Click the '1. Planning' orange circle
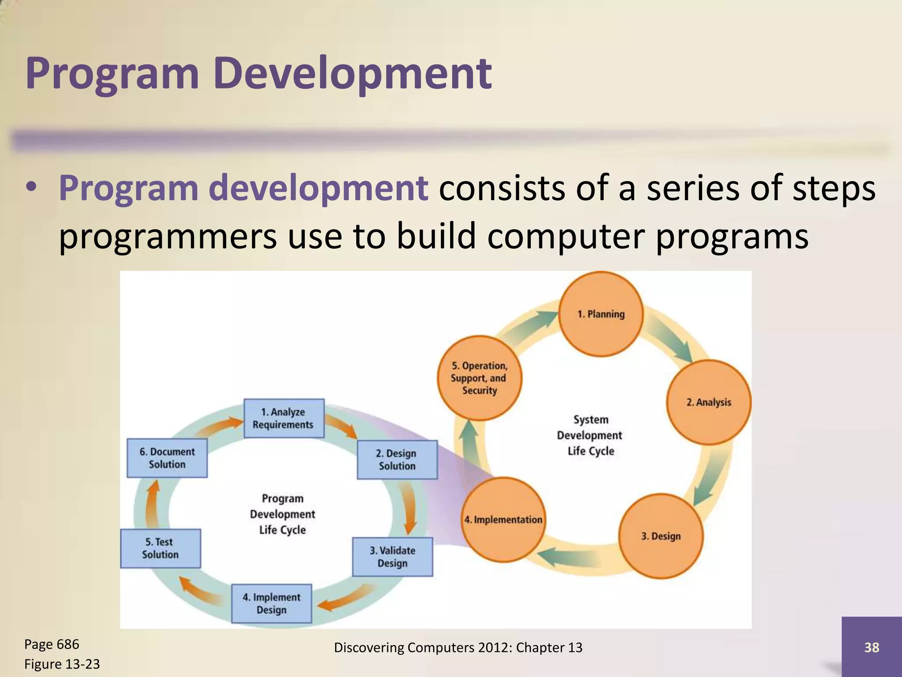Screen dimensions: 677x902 (601, 314)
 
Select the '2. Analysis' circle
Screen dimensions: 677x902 (708, 402)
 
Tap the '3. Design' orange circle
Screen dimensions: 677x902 (661, 536)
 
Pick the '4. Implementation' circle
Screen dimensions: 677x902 (503, 520)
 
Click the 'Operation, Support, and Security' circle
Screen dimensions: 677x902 (479, 378)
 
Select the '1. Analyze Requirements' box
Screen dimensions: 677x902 (284, 418)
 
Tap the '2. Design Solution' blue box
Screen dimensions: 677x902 (397, 460)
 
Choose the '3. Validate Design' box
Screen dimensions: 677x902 (392, 557)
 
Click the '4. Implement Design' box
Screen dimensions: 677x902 (271, 603)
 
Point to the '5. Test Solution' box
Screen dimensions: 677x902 (160, 548)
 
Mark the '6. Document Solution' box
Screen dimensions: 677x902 (167, 458)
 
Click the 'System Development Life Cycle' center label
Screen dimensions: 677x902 (590, 435)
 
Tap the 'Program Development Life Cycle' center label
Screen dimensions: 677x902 (282, 514)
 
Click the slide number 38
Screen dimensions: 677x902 (872, 647)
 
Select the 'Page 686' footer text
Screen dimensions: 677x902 (52, 644)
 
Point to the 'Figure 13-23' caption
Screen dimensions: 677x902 (62, 664)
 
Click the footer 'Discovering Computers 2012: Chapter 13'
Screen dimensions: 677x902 (458, 647)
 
